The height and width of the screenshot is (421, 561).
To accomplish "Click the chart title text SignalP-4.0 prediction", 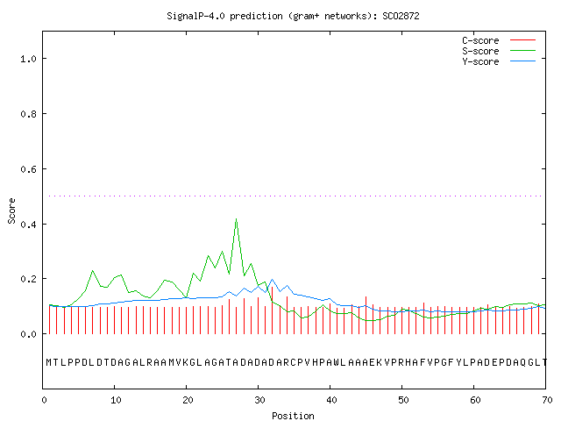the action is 224,16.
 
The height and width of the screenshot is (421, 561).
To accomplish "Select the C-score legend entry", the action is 499,40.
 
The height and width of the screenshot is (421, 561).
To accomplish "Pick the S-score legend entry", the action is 499,51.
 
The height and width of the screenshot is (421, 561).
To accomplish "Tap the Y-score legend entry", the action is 499,61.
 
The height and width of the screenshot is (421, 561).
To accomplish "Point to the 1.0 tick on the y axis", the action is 28,59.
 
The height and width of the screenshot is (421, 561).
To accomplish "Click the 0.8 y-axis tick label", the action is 28,114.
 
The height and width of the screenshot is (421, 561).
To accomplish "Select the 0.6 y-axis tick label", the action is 28,169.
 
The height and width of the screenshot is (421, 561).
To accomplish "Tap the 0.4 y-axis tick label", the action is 28,225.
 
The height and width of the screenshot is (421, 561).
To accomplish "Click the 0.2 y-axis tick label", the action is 28,279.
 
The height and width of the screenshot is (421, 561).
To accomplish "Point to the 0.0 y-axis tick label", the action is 28,334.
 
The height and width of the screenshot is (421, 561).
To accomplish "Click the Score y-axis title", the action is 11,210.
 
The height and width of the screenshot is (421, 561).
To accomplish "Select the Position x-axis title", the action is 293,416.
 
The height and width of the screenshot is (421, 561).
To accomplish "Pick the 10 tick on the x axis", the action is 116,400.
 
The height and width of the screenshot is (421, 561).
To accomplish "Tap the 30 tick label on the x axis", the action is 259,400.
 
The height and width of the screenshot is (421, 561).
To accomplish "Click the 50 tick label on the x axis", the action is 403,400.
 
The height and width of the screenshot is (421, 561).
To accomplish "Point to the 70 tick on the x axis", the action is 547,400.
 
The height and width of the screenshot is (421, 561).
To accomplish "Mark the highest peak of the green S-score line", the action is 236,218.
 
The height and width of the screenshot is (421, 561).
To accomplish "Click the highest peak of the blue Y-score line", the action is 273,279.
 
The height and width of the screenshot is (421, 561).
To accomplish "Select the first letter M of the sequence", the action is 49,362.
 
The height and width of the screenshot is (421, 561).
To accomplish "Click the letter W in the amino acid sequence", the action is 337,362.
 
